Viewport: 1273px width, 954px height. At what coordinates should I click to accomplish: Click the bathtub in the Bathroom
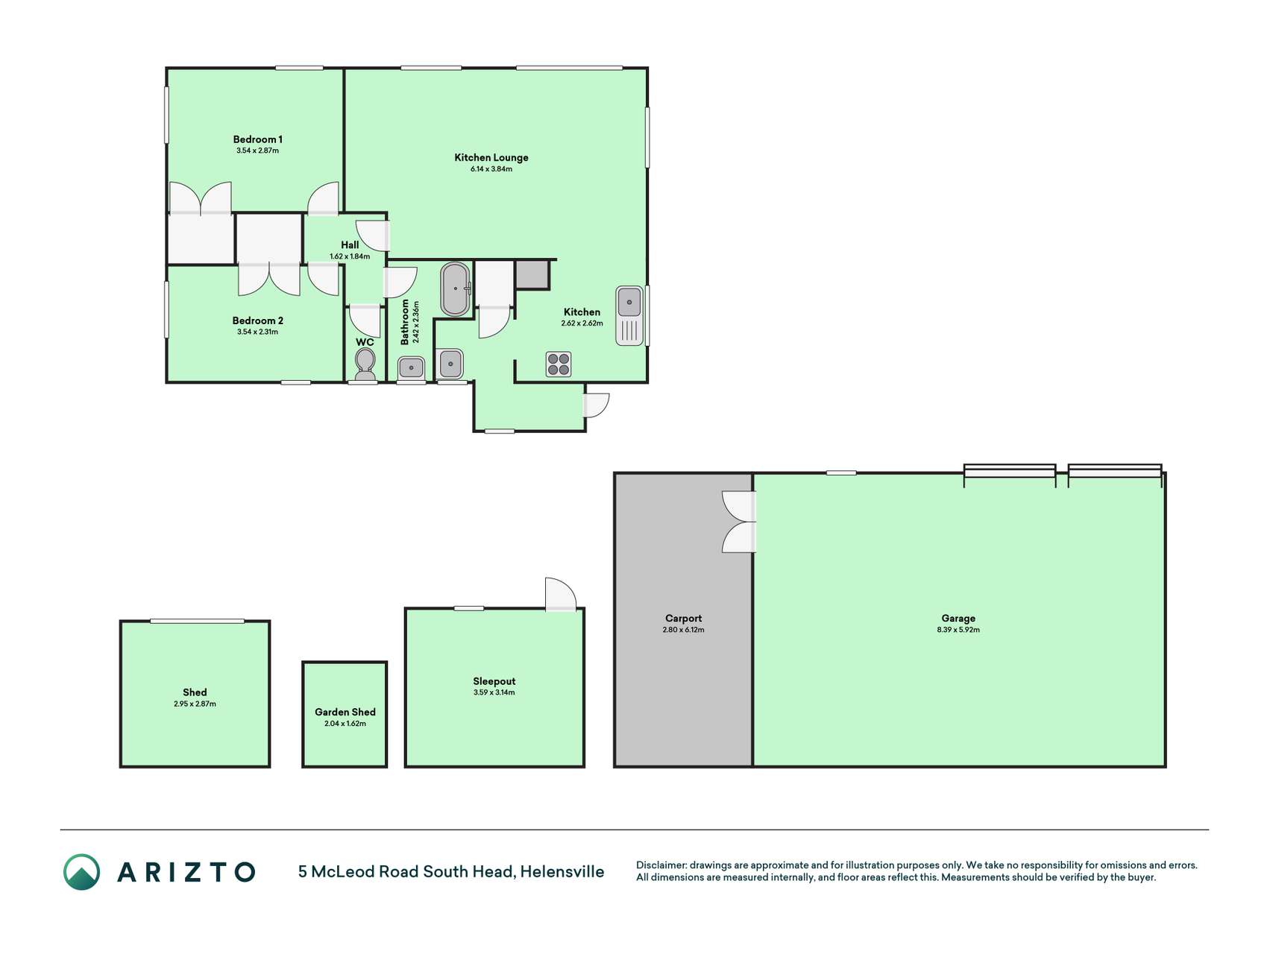point(455,288)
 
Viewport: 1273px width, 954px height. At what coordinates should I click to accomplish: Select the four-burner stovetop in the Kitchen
point(559,364)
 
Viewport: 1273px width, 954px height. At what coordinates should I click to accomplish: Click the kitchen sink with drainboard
point(629,315)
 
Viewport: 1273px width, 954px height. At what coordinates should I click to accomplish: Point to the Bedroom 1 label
point(257,139)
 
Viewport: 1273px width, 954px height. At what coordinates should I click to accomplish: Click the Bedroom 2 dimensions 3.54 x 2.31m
point(257,332)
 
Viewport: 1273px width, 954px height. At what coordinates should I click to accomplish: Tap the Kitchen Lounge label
point(491,157)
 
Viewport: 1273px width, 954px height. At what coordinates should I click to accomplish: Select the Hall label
point(350,244)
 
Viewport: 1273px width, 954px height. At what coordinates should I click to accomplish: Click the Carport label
point(683,618)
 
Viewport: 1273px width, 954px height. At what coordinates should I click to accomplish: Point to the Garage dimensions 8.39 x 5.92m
point(958,630)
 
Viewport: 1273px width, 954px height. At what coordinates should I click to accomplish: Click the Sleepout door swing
point(561,594)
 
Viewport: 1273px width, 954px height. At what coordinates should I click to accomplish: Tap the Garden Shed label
point(345,712)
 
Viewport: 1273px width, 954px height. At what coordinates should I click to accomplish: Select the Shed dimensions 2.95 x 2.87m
point(195,704)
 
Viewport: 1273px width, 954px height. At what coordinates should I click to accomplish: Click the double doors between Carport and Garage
point(740,521)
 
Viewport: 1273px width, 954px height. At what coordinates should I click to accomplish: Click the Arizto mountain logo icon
point(81,872)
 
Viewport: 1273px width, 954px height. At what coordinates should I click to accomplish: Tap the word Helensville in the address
point(562,871)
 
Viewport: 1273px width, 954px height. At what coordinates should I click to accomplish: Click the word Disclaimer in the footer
point(661,865)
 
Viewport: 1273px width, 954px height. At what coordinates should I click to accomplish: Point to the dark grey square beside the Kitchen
point(532,274)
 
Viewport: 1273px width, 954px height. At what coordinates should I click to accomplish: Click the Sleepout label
point(494,681)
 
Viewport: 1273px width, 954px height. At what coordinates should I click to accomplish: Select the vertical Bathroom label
point(406,322)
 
